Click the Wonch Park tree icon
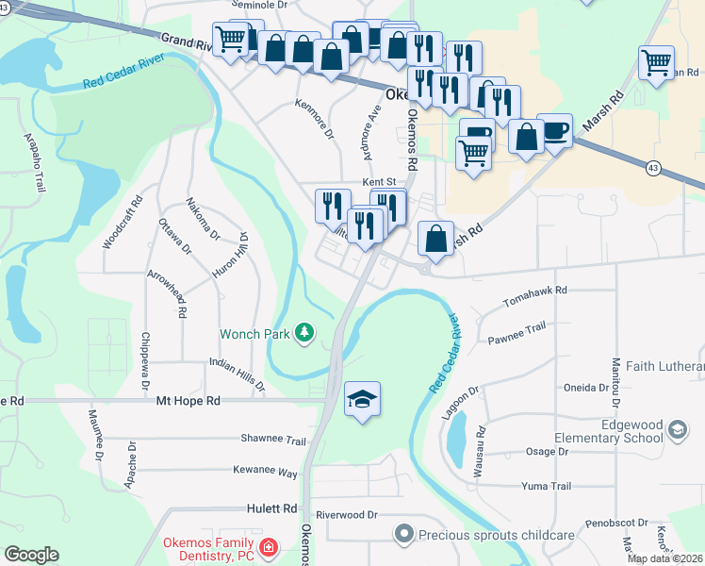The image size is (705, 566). (303, 332)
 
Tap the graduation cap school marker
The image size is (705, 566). (363, 401)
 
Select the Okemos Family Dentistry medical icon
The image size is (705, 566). (269, 547)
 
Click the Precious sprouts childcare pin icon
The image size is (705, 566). (404, 534)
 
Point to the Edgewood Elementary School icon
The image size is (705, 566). (677, 430)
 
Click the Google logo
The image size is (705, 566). (31, 555)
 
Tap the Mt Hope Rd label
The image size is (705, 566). (188, 401)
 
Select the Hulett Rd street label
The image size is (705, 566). (274, 508)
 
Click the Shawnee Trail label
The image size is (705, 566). (273, 441)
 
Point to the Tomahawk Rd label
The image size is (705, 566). (535, 291)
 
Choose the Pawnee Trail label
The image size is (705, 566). (516, 327)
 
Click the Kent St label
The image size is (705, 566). (376, 182)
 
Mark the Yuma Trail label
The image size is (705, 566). (547, 487)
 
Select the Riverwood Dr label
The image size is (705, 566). (346, 515)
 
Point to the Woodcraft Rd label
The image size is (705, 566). (109, 222)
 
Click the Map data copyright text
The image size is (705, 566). (665, 558)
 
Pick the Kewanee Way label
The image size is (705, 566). (265, 472)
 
